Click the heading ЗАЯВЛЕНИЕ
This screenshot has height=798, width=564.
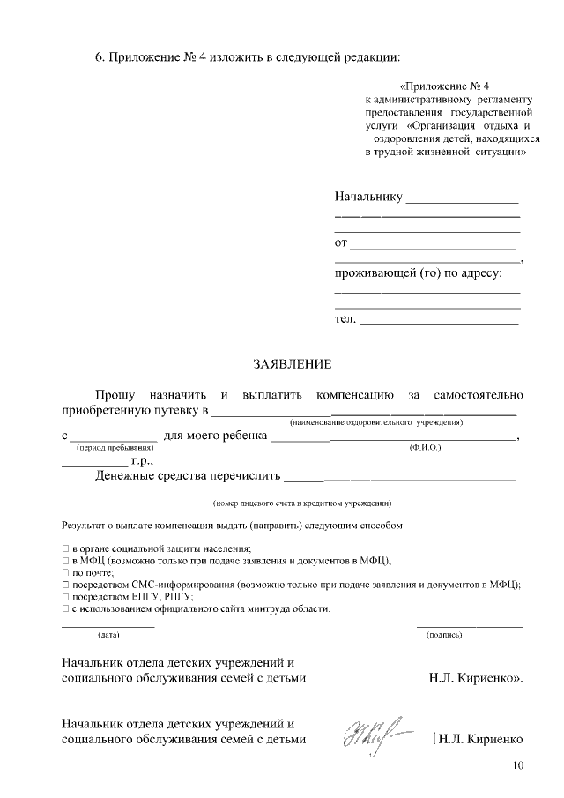(292, 363)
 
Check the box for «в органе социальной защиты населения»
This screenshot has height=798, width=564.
(65, 548)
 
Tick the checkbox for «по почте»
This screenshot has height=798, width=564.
(65, 572)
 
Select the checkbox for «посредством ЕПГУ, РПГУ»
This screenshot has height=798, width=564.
(65, 597)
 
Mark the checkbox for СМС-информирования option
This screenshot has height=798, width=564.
(65, 585)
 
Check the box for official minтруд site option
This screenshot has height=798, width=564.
(65, 609)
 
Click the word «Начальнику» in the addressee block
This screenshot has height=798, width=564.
(367, 196)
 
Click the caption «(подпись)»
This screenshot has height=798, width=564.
(443, 635)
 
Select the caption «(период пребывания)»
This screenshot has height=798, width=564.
(115, 449)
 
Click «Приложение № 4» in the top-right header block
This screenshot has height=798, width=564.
(444, 86)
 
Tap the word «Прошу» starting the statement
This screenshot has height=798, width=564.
(116, 393)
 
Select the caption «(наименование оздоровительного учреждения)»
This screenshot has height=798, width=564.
(376, 423)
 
